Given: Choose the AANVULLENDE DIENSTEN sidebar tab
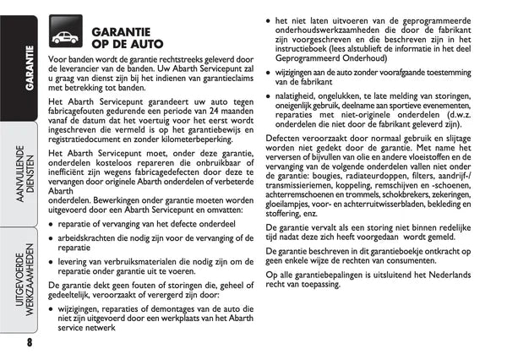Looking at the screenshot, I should (x=17, y=172).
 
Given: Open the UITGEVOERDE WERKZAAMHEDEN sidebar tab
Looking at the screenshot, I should (x=17, y=279).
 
